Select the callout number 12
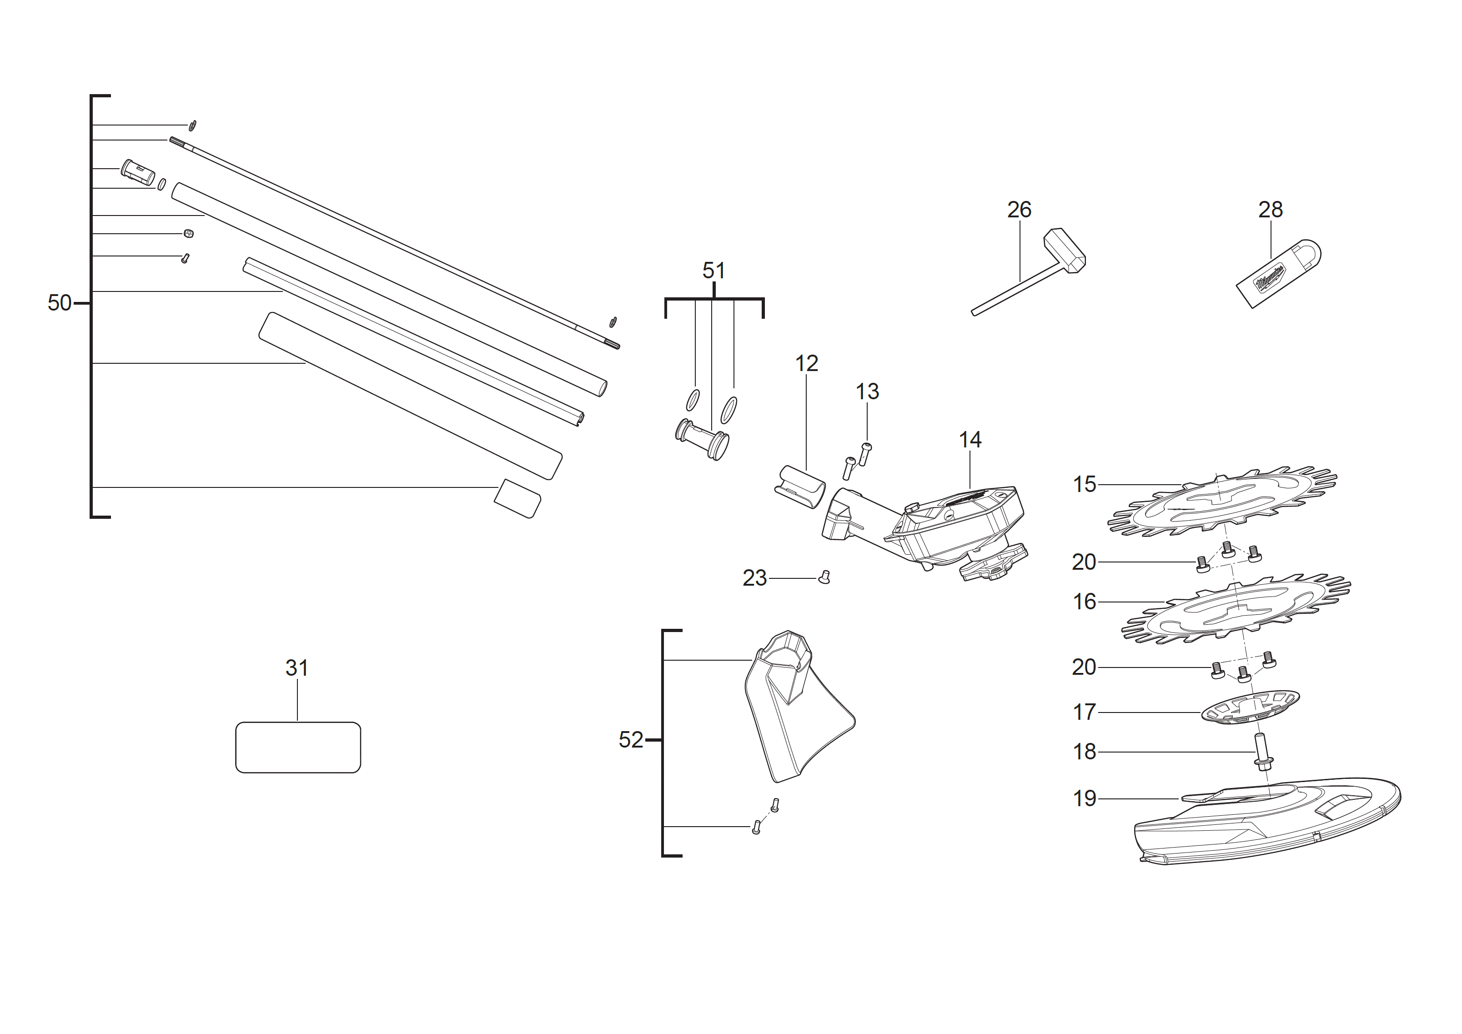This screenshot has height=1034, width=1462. pyautogui.click(x=806, y=364)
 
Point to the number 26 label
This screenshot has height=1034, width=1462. pyautogui.click(x=1019, y=210)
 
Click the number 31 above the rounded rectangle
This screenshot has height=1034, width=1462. pyautogui.click(x=297, y=668)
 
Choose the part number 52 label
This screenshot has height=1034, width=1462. pyautogui.click(x=630, y=740)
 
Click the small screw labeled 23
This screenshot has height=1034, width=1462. pyautogui.click(x=824, y=577)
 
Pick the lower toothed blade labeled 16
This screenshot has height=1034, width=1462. pyautogui.click(x=1236, y=611)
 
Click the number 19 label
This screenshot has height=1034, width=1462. pyautogui.click(x=1085, y=798)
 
